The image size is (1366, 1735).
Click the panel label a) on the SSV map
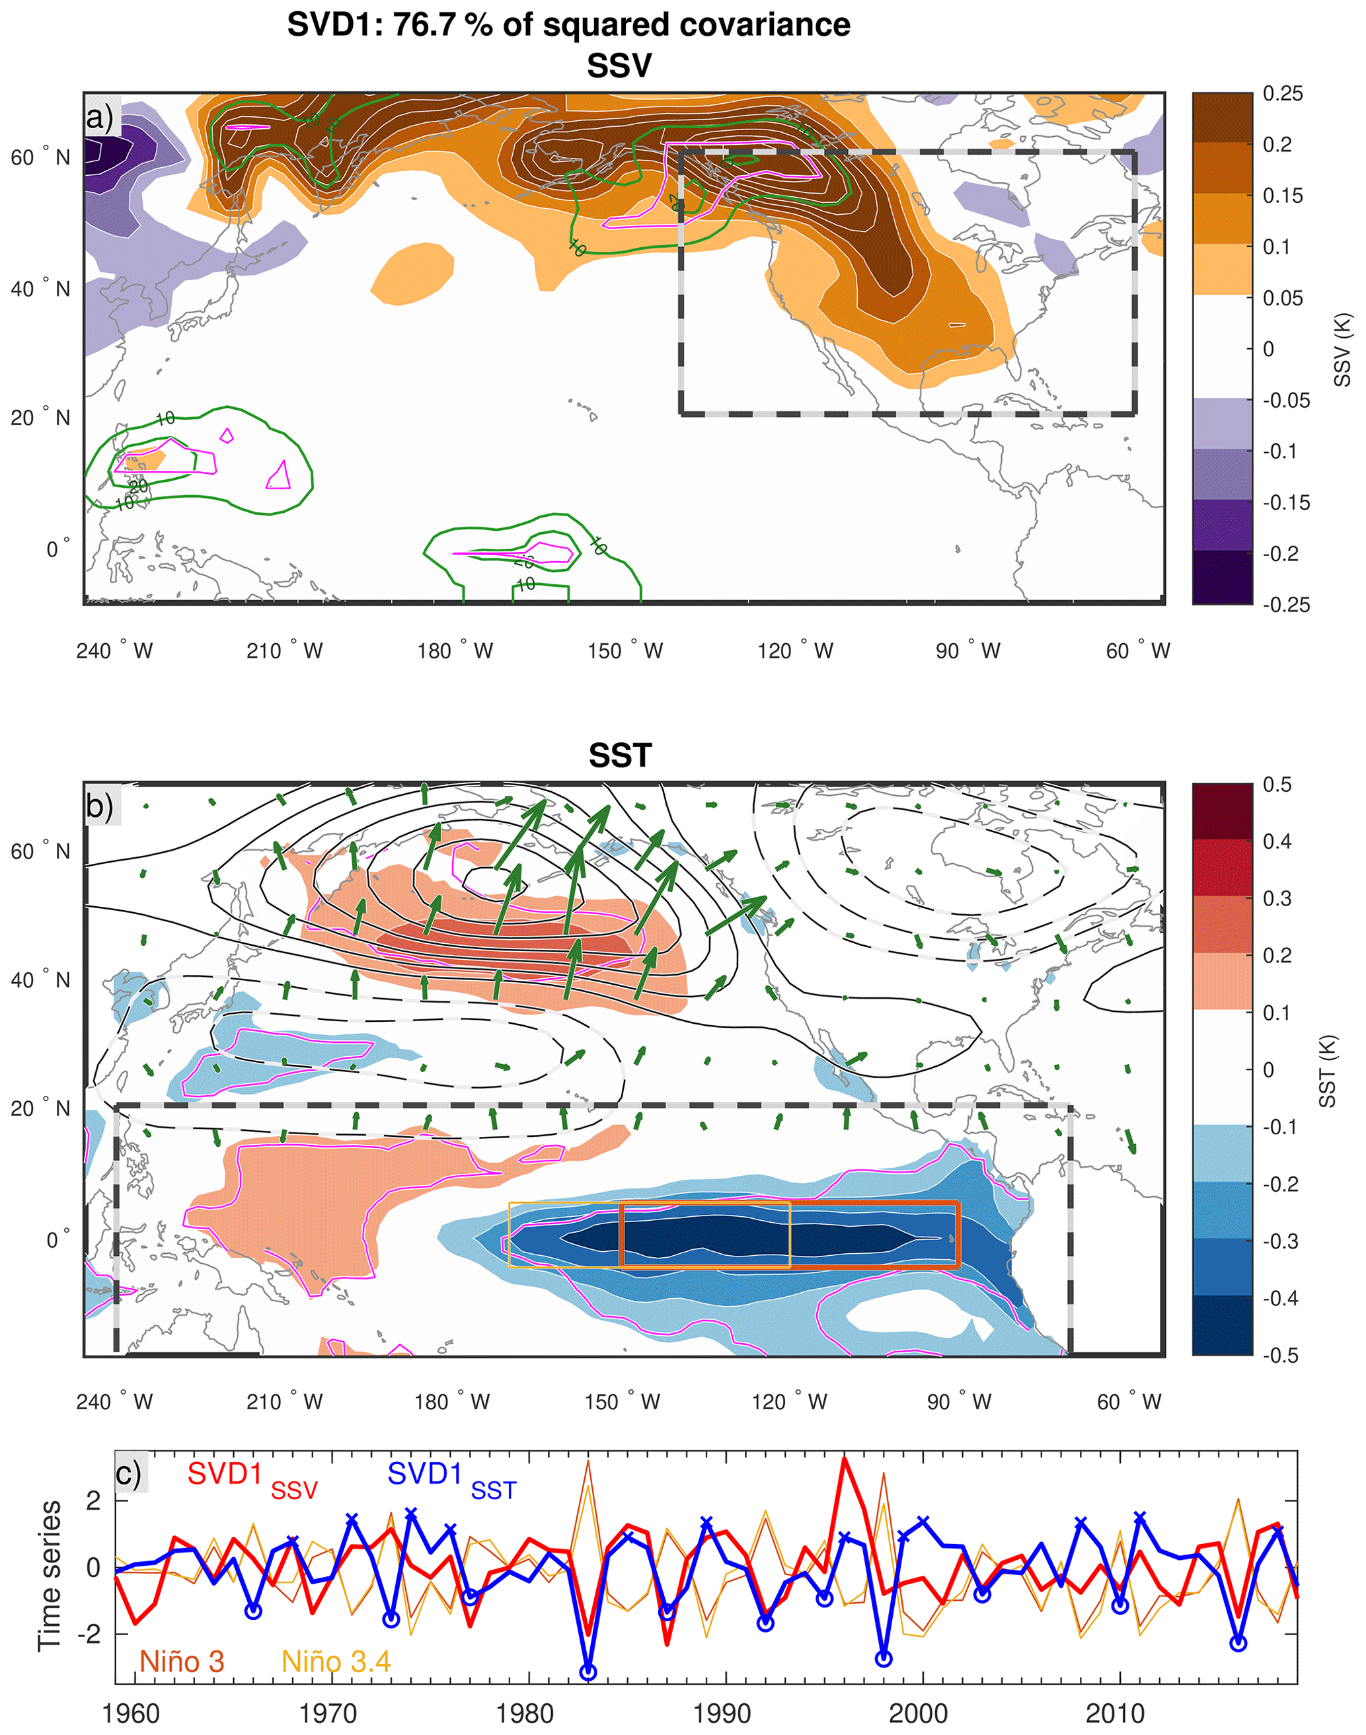(100, 118)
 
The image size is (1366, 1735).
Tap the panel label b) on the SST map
(100, 806)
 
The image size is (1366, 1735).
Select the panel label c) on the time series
(129, 1473)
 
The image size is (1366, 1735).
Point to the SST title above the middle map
(620, 755)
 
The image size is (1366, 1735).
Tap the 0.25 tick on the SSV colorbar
(1283, 94)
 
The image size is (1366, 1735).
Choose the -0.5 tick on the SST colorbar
(1282, 1355)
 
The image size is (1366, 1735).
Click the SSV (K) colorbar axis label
(1343, 350)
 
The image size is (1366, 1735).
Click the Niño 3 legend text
(182, 1662)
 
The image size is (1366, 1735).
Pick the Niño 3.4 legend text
(336, 1662)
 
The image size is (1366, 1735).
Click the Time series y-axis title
(50, 1575)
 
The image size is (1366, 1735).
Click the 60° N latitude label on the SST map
(40, 851)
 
